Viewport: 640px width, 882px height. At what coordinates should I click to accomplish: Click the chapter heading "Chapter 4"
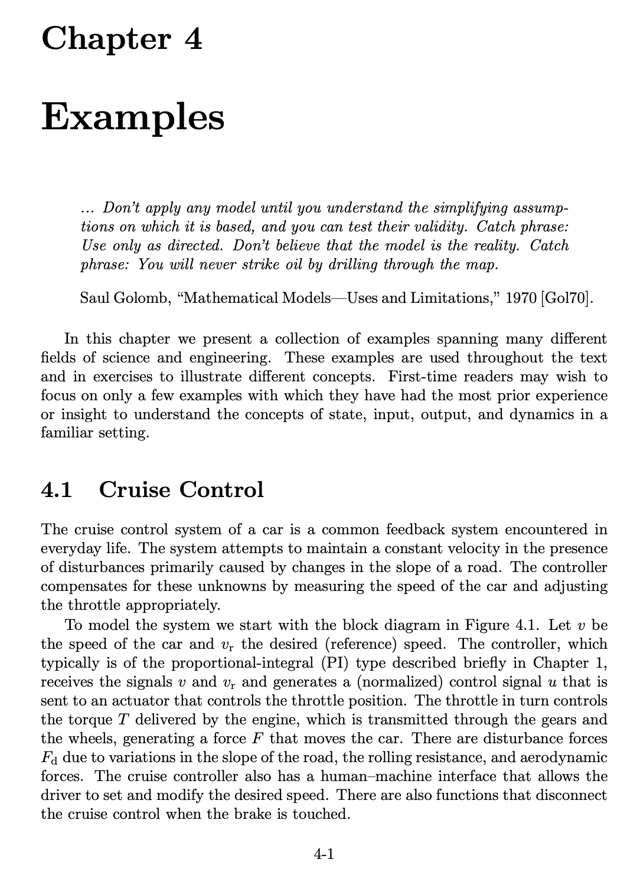coord(122,40)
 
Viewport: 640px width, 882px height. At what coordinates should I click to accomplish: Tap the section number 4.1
coord(57,489)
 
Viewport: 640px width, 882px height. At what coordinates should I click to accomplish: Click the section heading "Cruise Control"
coord(181,489)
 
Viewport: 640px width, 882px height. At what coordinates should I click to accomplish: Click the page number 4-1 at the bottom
coord(324,854)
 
